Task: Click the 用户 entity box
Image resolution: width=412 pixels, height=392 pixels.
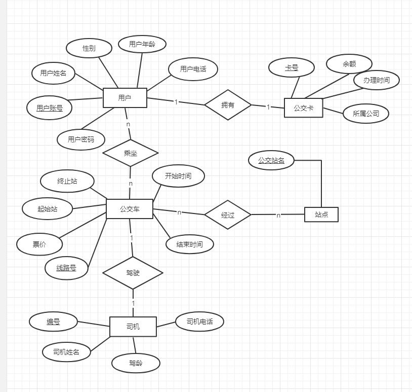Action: [x=125, y=98]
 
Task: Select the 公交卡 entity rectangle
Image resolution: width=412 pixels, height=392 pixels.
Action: [x=303, y=108]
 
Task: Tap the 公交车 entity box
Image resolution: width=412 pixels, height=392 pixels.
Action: [x=130, y=208]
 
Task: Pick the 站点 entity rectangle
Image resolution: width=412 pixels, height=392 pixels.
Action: [x=321, y=215]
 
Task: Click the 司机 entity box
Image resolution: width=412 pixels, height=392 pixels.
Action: [x=133, y=327]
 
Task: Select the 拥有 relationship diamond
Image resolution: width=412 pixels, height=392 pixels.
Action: [x=228, y=105]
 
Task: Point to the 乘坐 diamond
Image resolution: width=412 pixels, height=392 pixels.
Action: [x=131, y=153]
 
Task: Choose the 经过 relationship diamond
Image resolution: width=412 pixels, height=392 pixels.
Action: [x=228, y=215]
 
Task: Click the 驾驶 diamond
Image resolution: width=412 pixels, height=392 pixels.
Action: [x=133, y=273]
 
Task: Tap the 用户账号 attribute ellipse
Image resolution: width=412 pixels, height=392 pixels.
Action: [x=50, y=108]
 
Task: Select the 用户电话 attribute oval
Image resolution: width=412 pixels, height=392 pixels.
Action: [x=193, y=69]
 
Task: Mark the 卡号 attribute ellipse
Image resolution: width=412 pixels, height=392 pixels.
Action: [x=292, y=67]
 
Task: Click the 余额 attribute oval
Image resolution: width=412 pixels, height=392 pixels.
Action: [x=349, y=64]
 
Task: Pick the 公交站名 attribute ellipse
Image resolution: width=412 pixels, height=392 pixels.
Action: [x=271, y=160]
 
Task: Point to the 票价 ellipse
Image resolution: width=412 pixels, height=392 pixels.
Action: [x=39, y=244]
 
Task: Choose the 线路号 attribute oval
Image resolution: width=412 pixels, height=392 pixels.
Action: [x=66, y=268]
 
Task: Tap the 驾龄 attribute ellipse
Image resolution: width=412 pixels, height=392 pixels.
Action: [x=136, y=363]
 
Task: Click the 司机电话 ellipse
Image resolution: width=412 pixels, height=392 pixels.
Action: [x=199, y=322]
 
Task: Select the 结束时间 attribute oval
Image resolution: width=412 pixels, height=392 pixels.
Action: [x=190, y=244]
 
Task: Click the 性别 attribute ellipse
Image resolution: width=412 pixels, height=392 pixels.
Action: [x=89, y=48]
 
